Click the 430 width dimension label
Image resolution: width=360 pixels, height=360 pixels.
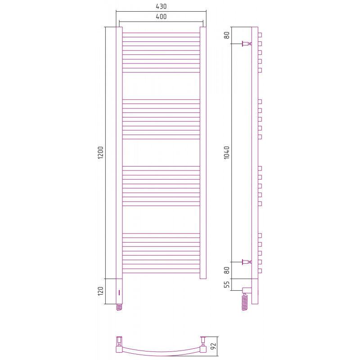pos(161,6)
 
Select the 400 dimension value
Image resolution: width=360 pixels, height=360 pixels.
pos(161,17)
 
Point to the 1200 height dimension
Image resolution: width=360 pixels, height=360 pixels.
pos(101,153)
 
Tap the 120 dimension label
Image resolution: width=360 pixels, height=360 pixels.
pos(101,291)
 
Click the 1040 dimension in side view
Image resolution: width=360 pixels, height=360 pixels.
pos(227,153)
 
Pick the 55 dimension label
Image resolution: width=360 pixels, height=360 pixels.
pos(227,284)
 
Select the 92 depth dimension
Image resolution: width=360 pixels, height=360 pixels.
pos(213,346)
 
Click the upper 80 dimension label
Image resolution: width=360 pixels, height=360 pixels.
pos(227,36)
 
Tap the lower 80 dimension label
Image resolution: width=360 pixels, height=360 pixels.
pos(227,270)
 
